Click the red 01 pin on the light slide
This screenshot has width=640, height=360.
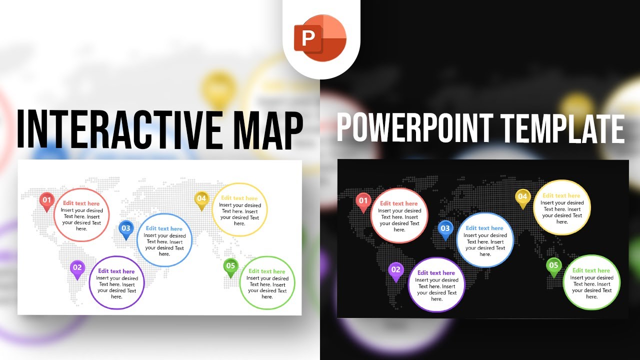pos(46,200)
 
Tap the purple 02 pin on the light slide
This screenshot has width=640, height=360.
pos(77,268)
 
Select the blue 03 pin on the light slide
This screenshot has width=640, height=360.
pos(126,228)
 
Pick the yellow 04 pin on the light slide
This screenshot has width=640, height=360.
pos(201,199)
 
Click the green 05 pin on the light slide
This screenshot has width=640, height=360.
pos(230,266)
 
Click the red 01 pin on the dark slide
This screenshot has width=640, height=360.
pos(363,201)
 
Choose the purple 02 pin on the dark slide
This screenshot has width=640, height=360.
pos(396,270)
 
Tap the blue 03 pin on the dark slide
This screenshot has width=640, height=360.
pos(445,228)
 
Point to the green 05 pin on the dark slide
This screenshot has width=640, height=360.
pos(553,266)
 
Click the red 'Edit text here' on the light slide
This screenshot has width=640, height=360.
pos(81,203)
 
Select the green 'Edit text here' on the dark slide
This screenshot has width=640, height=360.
pos(591,270)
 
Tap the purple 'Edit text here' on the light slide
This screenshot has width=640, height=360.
pos(116,271)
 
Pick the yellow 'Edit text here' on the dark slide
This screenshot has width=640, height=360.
pos(561,196)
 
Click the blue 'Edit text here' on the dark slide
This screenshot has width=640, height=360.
pos(484,228)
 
